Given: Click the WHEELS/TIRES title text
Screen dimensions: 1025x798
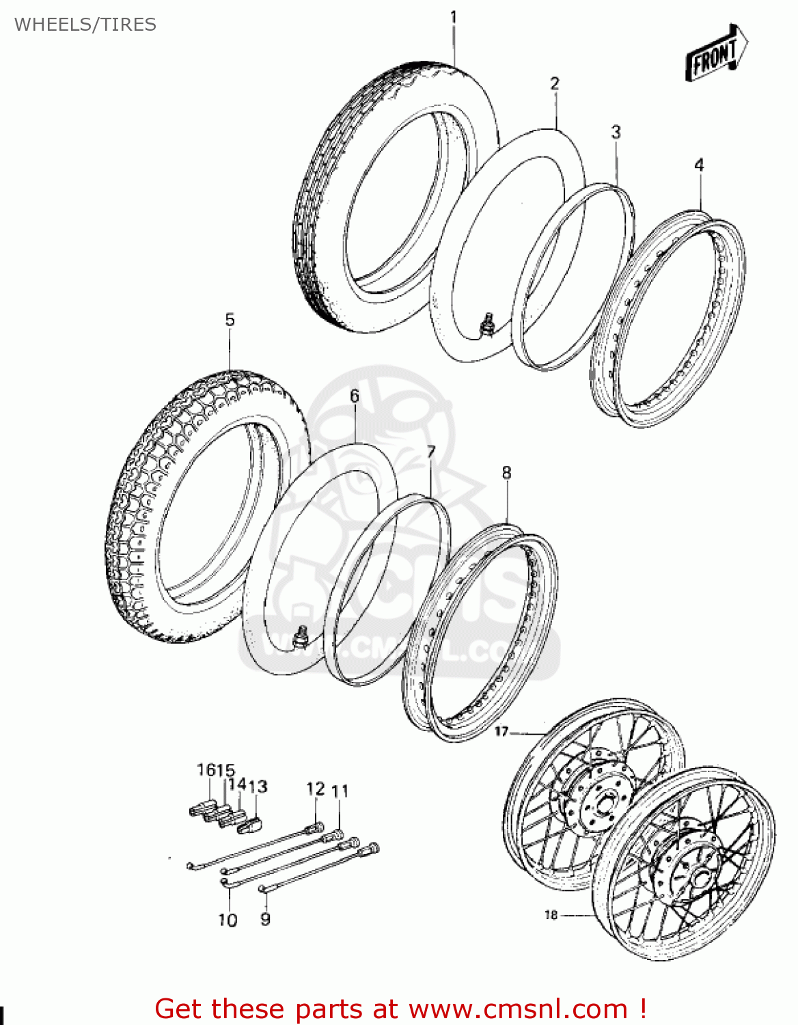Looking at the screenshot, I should (x=85, y=25).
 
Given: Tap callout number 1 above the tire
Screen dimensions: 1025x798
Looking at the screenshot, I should (x=453, y=17).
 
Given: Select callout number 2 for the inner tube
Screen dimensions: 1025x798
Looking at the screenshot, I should (x=555, y=83).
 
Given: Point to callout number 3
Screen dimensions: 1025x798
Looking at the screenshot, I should (x=616, y=131).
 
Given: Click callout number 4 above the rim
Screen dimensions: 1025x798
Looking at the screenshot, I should (x=699, y=165).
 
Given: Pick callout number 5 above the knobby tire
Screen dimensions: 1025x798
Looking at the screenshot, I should (x=230, y=319).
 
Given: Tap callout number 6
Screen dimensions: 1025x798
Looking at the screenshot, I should (x=354, y=396).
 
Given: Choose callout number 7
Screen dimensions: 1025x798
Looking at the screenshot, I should (x=430, y=452).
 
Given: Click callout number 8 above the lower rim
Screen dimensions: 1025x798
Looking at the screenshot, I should (x=506, y=472).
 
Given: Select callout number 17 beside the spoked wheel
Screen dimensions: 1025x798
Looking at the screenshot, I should (x=501, y=731).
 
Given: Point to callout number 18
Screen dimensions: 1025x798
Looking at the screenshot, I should (x=551, y=914).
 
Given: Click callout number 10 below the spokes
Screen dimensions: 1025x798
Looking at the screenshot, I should (x=228, y=920).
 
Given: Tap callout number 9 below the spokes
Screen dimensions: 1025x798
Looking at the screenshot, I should (x=265, y=919).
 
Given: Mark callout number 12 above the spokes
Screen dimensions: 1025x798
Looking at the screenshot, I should (x=315, y=789).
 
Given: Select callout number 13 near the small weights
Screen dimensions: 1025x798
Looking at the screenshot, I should (x=258, y=787).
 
